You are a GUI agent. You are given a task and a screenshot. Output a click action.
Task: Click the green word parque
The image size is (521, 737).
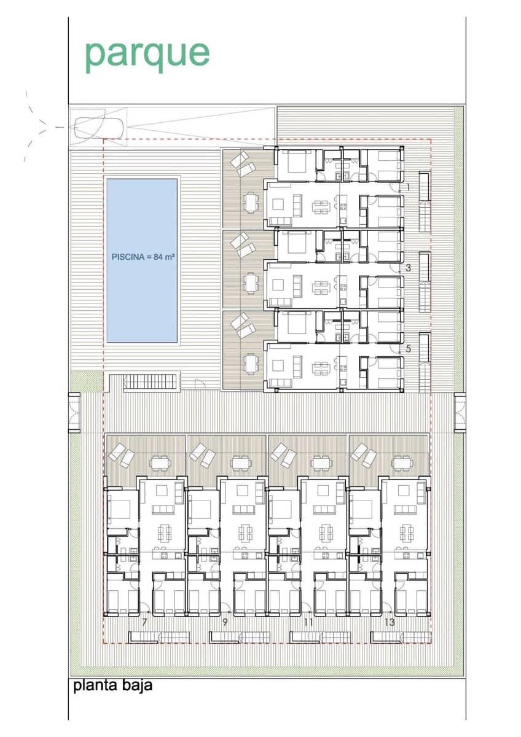[x=147, y=54]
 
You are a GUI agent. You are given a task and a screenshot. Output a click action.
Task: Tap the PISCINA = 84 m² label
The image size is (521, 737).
[x=143, y=257]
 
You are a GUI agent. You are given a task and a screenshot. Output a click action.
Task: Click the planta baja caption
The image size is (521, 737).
[x=112, y=685]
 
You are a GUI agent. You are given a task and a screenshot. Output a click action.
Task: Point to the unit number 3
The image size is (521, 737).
[x=409, y=268]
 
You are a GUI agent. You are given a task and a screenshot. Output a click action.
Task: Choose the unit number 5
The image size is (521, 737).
[x=409, y=348]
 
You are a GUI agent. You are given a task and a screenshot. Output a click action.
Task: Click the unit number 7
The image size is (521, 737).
[x=144, y=622]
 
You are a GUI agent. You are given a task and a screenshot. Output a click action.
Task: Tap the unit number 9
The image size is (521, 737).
[x=225, y=622]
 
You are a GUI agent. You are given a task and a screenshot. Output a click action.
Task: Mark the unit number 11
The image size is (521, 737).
[x=308, y=622]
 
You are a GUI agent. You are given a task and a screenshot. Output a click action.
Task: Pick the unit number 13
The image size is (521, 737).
[x=389, y=622]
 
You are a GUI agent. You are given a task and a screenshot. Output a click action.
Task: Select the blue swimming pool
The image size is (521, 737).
[x=143, y=260]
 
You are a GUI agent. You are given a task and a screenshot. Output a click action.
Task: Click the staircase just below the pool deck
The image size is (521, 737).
[x=150, y=383]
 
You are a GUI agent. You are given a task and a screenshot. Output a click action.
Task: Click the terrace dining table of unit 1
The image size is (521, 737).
[x=250, y=201]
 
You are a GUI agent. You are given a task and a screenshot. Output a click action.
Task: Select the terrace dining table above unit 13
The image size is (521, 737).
[x=402, y=462]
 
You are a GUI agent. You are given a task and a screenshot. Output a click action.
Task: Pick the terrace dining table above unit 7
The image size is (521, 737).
[x=160, y=462]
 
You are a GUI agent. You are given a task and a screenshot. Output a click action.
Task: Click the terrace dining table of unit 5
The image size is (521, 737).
[x=250, y=364]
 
